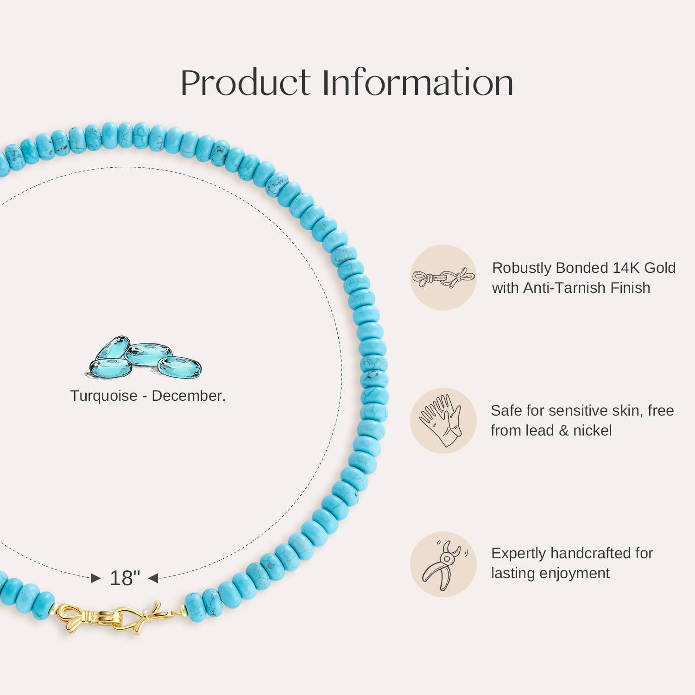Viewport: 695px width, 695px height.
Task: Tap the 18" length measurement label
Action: coord(125,578)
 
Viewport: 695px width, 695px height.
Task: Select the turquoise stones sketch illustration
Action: coord(145,357)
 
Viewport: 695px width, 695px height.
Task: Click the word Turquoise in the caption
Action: coord(104,396)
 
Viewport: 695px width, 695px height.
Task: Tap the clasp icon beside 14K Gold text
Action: coord(443,278)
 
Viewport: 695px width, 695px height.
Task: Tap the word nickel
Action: coord(593,431)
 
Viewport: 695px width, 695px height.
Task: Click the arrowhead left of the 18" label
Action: coord(96,578)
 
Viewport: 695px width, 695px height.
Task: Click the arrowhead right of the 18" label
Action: coord(153,578)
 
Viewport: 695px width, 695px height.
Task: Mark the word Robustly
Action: coord(521,268)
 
